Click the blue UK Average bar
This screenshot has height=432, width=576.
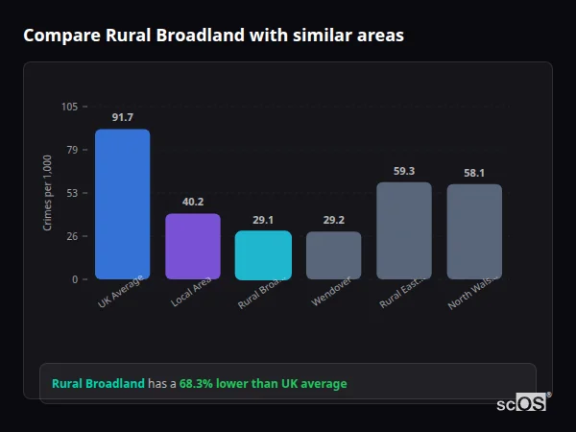122,204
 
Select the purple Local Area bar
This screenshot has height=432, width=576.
193,246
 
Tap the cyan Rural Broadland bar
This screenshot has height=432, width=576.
263,254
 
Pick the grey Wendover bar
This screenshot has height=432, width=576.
334,254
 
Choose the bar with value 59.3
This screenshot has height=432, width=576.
404,230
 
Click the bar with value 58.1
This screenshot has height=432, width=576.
474,231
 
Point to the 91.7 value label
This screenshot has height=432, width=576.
122,117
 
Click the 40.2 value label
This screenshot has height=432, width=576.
193,202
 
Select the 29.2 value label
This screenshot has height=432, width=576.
334,220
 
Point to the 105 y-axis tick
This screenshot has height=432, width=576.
70,107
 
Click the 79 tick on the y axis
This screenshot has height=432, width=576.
73,150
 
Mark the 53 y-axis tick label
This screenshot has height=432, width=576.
73,193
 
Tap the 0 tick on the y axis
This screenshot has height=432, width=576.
76,279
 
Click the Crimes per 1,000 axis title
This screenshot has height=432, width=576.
48,193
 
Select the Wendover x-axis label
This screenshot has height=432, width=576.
332,293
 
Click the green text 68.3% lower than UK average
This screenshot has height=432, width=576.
263,384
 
